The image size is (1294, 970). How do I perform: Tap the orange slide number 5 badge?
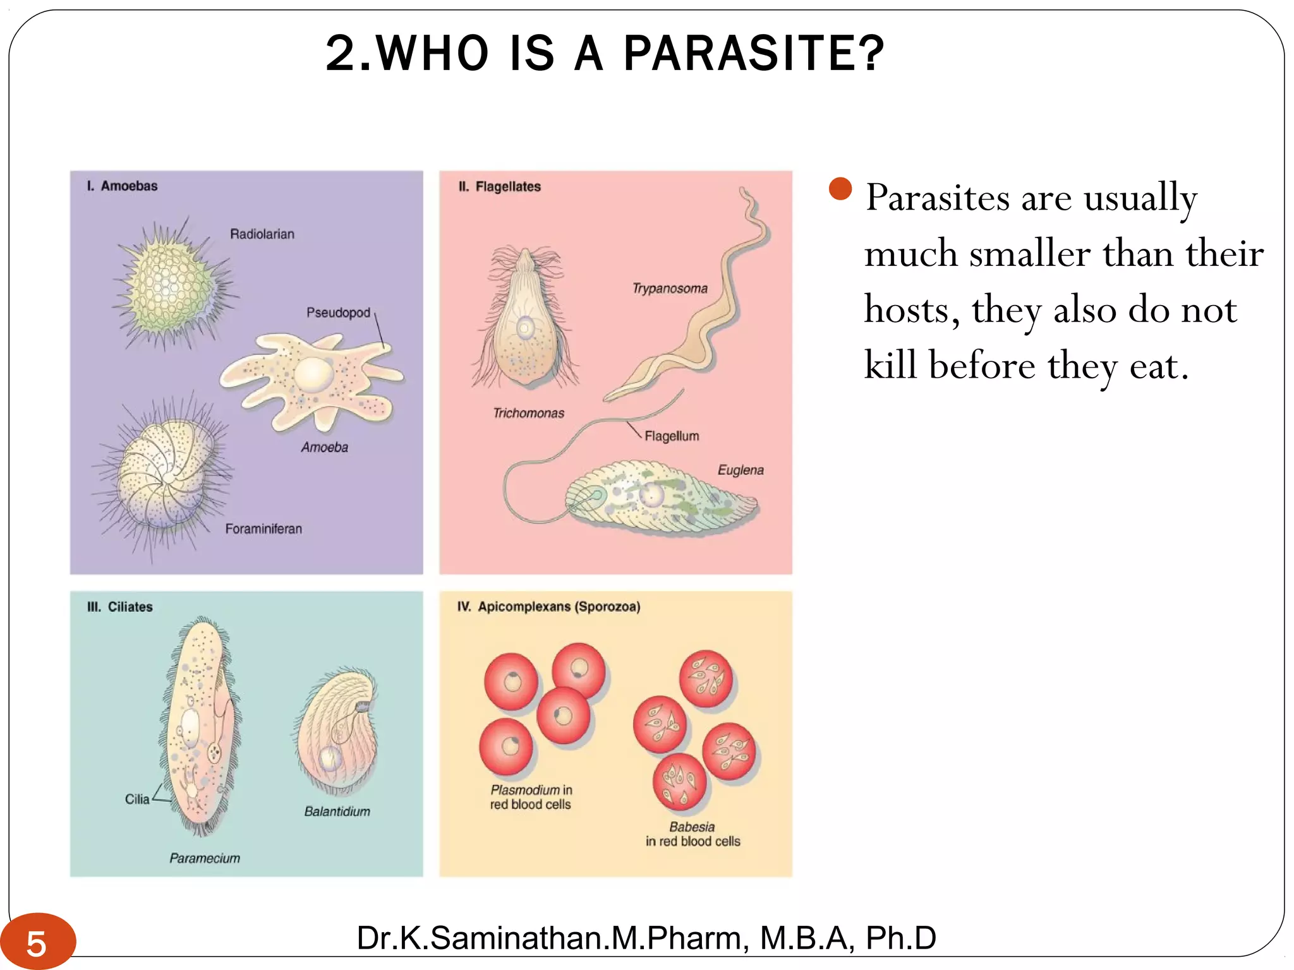[x=37, y=943]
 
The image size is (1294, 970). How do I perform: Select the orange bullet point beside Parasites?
[x=840, y=189]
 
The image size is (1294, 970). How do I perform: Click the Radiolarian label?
[x=262, y=234]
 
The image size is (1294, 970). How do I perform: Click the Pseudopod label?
[x=338, y=313]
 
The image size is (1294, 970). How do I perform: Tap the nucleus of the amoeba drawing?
[x=314, y=375]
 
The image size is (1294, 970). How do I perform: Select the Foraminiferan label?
[x=263, y=529]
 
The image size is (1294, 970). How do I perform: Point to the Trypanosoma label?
[x=670, y=289]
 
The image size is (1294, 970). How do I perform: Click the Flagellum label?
[x=672, y=436]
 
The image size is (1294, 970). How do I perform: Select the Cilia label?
[x=137, y=799]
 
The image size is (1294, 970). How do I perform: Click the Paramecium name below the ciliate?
[x=205, y=858]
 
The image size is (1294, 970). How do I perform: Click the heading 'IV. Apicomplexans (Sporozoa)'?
[x=548, y=607]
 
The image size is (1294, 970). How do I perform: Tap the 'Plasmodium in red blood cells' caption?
[x=531, y=797]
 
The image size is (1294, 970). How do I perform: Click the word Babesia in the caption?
[x=692, y=827]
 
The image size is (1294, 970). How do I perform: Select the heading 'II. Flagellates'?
[x=499, y=186]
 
